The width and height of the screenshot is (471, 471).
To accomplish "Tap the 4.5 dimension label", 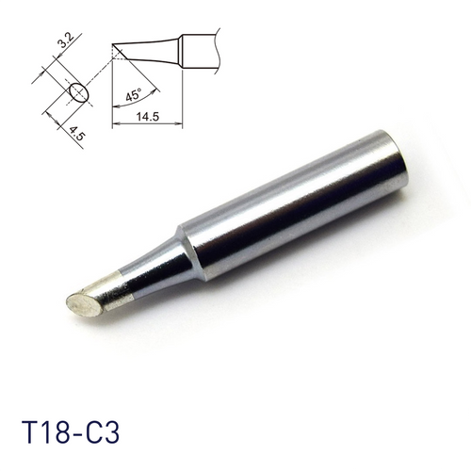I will point(75,132).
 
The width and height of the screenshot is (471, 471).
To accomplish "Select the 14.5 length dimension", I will point(146,116).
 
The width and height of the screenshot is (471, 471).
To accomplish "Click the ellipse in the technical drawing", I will point(78,92).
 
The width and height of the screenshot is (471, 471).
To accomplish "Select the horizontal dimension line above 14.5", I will point(146,124).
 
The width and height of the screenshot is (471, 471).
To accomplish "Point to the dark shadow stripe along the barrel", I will point(301,226).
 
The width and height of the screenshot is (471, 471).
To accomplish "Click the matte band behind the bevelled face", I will point(112,288).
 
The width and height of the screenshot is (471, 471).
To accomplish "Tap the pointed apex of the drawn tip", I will point(112,44).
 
